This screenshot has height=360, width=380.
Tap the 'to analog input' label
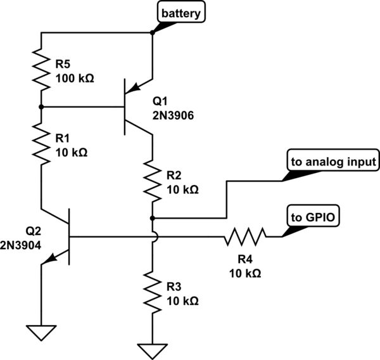coord(333,162)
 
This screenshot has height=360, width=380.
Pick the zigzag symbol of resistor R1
coord(41,145)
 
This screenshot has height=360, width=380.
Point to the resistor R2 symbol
coord(153,179)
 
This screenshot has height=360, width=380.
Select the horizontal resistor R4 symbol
coord(244,238)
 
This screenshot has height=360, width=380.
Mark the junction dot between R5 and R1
coord(41,108)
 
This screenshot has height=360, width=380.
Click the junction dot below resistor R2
coord(153,217)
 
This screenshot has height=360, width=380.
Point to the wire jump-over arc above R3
coord(153,238)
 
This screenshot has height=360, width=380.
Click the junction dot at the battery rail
coord(153,33)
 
